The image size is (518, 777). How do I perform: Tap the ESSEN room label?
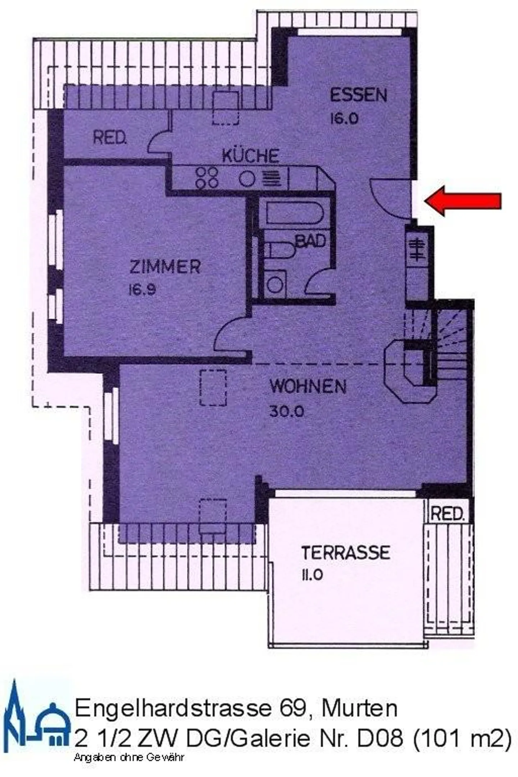358,95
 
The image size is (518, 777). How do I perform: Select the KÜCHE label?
250,156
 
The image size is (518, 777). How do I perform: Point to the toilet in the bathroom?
280,250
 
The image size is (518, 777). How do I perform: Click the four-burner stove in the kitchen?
207,178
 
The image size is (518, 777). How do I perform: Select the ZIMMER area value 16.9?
142,290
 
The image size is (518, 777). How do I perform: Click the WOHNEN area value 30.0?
287,411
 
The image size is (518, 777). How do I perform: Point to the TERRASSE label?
345,553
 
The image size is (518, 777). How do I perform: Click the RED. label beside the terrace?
447,514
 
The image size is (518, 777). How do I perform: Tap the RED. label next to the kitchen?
110,138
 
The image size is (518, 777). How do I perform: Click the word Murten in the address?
359,708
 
